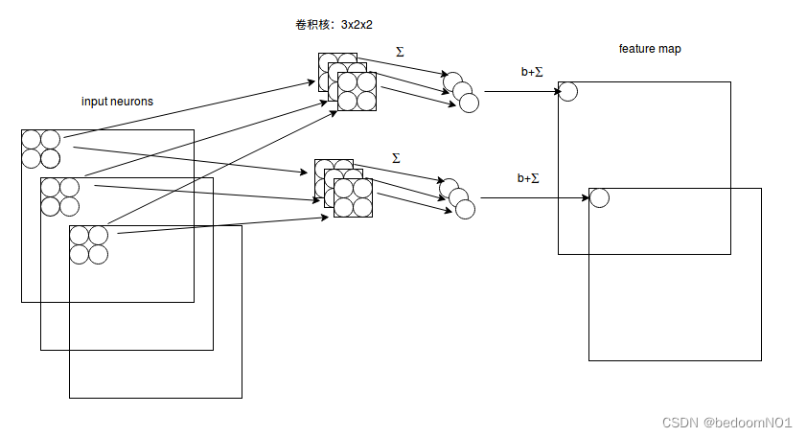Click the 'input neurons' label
(x=118, y=101)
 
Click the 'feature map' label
(x=650, y=49)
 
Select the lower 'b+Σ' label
(x=528, y=178)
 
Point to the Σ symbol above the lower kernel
(x=396, y=157)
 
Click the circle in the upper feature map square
(x=567, y=91)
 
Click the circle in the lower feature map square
(x=599, y=198)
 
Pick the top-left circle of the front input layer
(x=79, y=236)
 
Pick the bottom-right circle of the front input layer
(x=98, y=254)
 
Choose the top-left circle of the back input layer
(x=31, y=139)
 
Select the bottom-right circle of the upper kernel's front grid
(x=365, y=101)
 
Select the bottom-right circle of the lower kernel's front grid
(x=362, y=206)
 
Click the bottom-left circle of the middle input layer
(x=50, y=206)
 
